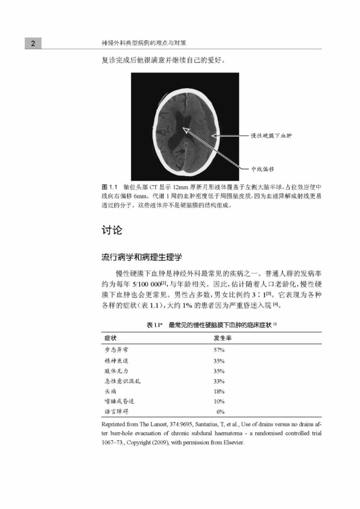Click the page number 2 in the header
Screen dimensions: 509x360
point(33,44)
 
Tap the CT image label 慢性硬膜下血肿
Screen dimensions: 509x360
point(271,136)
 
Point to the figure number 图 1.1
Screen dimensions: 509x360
point(108,188)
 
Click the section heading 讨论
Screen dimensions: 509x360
point(112,230)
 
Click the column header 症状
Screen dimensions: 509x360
point(110,339)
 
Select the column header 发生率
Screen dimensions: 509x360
point(222,339)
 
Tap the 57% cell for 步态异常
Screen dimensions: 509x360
point(219,350)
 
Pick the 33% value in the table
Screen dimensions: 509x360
point(219,381)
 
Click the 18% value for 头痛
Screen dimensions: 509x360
point(219,391)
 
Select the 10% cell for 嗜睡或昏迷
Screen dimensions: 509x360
point(219,402)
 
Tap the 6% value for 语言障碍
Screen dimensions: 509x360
point(220,412)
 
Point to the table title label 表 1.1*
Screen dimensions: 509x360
point(156,325)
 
